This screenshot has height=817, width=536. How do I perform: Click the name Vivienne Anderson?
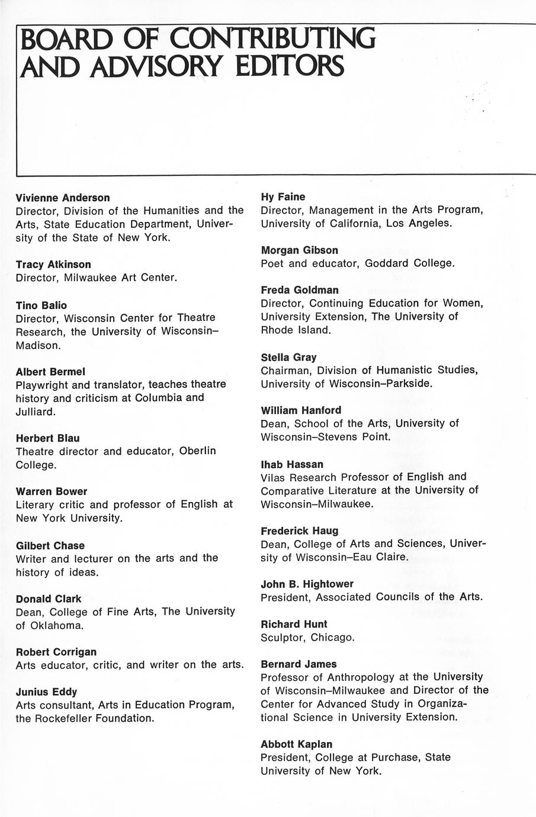point(63,198)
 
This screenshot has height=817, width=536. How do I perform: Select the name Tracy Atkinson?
point(53,264)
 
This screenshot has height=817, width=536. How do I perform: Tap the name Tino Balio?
point(41,305)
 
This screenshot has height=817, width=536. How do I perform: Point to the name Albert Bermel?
point(50,372)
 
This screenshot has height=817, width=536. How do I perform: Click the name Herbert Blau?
point(47,438)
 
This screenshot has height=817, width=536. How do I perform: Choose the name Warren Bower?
point(52,491)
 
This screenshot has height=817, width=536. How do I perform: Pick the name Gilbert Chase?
point(50,545)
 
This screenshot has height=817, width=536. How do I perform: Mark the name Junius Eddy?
point(46,691)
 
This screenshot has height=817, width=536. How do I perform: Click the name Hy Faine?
point(283,197)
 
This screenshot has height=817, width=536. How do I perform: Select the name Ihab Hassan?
point(292,464)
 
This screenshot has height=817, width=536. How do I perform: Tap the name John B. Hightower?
point(307,584)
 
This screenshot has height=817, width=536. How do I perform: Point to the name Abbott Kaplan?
point(296,744)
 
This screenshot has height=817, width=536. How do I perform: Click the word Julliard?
point(36,411)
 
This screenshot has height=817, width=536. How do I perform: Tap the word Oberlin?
point(197,451)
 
